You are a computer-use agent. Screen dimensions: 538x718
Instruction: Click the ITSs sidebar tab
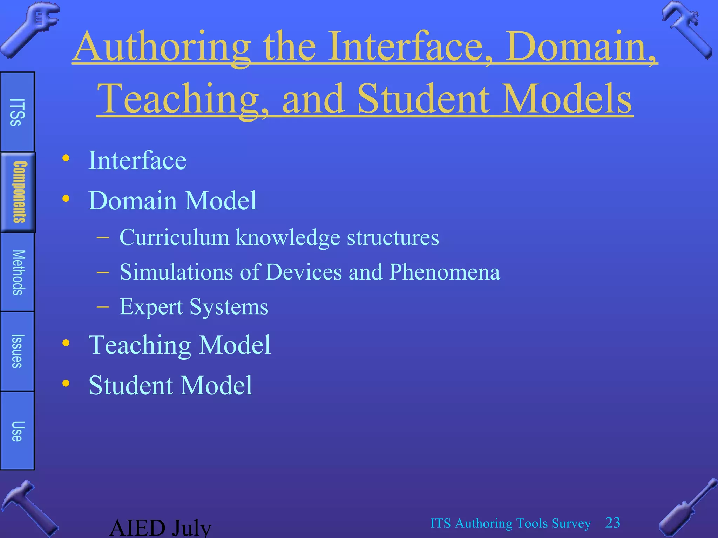pyautogui.click(x=17, y=112)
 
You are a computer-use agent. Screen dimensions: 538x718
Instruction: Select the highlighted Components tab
pyautogui.click(x=18, y=192)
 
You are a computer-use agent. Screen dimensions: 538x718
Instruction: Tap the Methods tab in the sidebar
pyautogui.click(x=18, y=272)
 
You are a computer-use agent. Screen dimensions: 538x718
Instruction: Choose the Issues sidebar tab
pyautogui.click(x=17, y=351)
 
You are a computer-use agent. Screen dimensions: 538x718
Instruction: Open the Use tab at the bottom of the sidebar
pyautogui.click(x=17, y=431)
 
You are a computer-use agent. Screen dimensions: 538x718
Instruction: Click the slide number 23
pyautogui.click(x=612, y=523)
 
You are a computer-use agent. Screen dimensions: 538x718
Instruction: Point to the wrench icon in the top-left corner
pyautogui.click(x=30, y=30)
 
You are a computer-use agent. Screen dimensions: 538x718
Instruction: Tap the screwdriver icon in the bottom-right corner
pyautogui.click(x=687, y=508)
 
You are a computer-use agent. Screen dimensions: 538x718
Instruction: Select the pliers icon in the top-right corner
pyautogui.click(x=687, y=30)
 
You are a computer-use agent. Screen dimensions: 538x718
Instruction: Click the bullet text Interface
pyautogui.click(x=137, y=160)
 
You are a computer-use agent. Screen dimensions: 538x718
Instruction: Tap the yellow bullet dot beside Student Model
pyautogui.click(x=66, y=383)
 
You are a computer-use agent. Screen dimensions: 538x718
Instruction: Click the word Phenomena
pyautogui.click(x=445, y=272)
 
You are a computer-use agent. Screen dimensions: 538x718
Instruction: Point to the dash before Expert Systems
pyautogui.click(x=103, y=307)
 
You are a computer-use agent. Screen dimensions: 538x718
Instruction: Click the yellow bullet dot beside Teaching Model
pyautogui.click(x=66, y=343)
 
